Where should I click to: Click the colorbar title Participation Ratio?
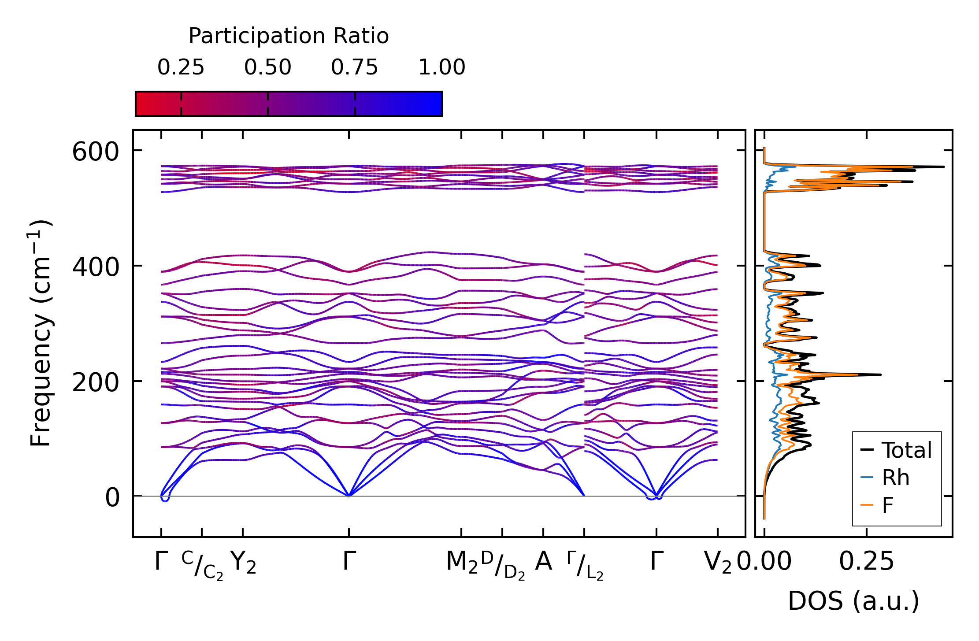[289, 36]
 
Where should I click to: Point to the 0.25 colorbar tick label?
[181, 67]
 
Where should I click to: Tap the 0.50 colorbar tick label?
[267, 67]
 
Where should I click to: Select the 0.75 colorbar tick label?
[354, 67]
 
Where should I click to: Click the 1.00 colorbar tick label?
[441, 67]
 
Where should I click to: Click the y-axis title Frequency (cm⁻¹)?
[41, 333]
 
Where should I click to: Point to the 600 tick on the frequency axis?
[96, 152]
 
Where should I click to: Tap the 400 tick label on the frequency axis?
[96, 267]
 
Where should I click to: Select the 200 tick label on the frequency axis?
[96, 382]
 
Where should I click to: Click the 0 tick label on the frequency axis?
[112, 498]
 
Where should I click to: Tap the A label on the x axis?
[543, 562]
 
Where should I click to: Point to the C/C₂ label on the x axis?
[202, 565]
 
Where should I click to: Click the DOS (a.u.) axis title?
[853, 601]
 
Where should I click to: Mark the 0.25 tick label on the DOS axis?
[866, 562]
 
